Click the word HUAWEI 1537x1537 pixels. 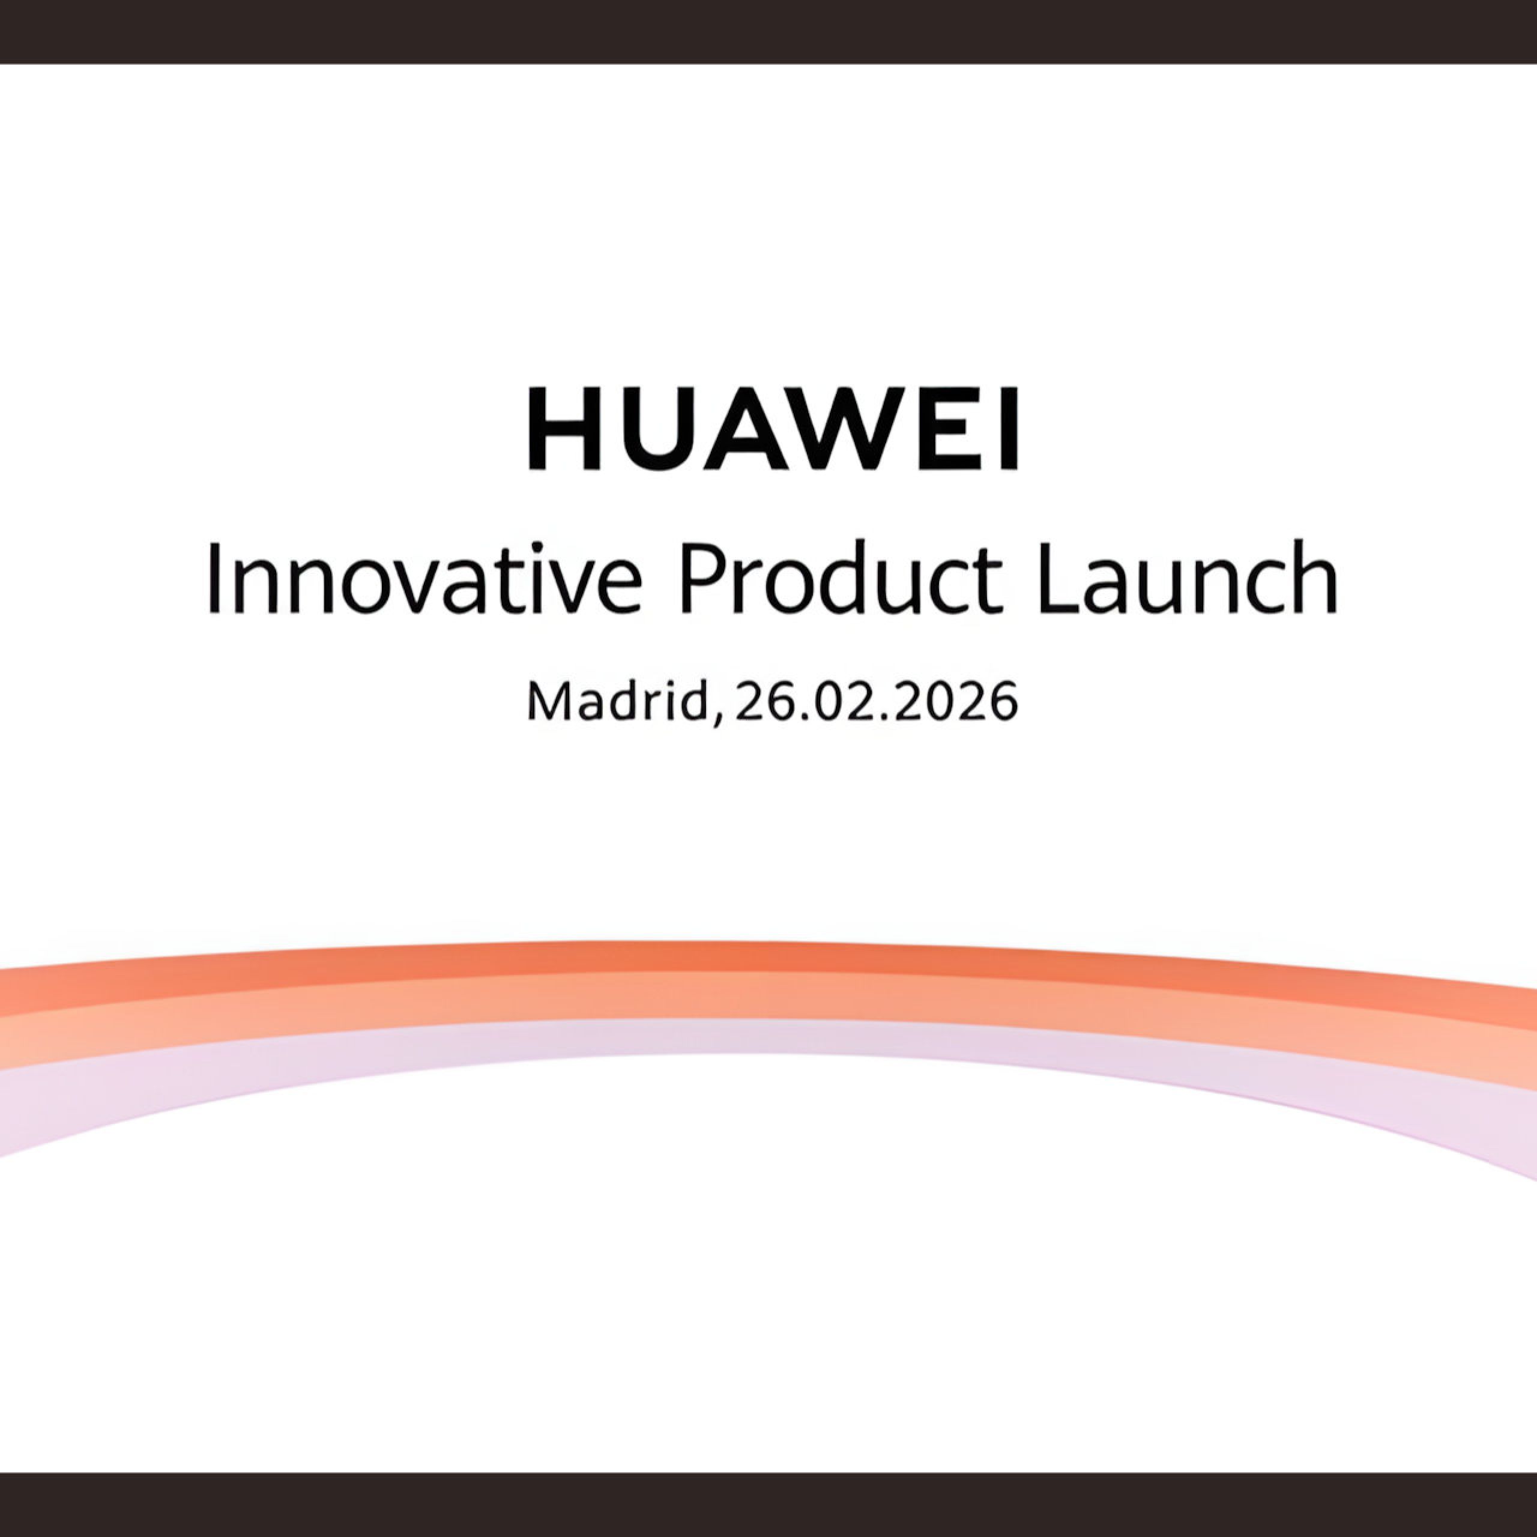coord(773,430)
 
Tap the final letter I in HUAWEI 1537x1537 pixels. coord(1009,430)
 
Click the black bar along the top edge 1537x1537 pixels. coord(768,32)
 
